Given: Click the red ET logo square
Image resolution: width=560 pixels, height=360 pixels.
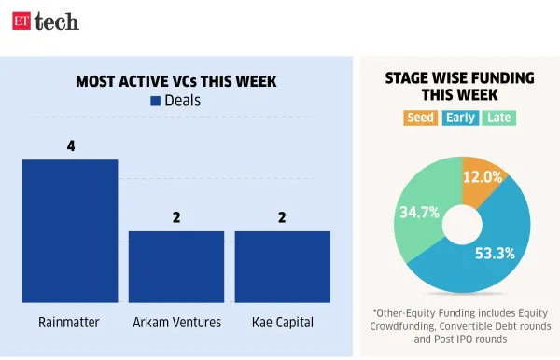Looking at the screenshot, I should [x=21, y=21].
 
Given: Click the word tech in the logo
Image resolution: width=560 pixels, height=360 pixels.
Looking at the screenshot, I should [x=56, y=21].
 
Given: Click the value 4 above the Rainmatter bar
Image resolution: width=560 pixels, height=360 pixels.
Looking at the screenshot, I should [x=70, y=146].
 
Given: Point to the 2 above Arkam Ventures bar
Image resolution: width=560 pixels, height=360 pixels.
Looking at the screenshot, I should [x=176, y=217].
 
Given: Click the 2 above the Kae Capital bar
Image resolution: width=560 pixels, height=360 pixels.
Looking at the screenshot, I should [x=282, y=217].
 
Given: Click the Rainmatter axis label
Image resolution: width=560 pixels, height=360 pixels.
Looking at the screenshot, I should [x=70, y=323].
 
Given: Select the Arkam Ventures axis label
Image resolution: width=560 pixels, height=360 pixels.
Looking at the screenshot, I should [x=176, y=323].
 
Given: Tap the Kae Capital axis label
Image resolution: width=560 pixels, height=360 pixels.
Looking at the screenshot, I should [x=282, y=323].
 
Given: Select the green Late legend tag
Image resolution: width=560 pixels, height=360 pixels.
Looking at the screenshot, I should [x=499, y=118].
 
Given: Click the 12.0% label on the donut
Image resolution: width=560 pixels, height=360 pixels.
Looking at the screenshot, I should [x=483, y=175].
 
